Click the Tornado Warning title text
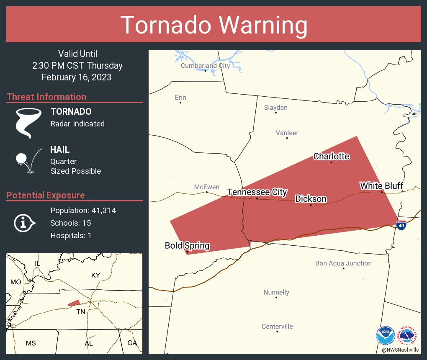point(214,25)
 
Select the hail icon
point(28,160)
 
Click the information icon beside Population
point(25,223)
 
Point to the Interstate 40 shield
point(401,225)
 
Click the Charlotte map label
point(331,156)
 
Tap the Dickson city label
point(311,199)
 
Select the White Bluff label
point(381,185)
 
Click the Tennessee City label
point(257,192)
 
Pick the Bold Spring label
point(187,246)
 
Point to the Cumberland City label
point(205,66)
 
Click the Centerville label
point(277,327)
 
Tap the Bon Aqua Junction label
point(343,263)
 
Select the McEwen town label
point(206,187)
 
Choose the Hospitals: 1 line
point(71,235)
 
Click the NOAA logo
point(385,335)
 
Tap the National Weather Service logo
point(409,335)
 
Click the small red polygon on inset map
point(74,303)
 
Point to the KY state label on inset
point(96,275)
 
